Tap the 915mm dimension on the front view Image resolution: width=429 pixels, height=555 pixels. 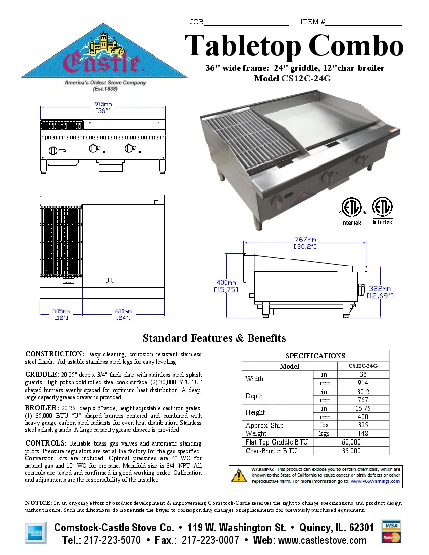pos(103,104)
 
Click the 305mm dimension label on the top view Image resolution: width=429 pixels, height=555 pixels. pos(61,311)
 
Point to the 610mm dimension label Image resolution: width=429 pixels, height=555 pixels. pos(123,311)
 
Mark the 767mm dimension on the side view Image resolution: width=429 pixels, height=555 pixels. pos(305,239)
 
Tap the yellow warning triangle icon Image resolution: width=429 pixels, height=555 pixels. pos(238,475)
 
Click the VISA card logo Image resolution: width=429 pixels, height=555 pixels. pos(391,525)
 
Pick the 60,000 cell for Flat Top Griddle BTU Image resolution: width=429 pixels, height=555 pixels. pos(351,442)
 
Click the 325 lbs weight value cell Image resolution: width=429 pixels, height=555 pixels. pos(362,425)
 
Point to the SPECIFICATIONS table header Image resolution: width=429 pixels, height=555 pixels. pos(315,356)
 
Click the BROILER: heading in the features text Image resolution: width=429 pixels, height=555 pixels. pos(42,407)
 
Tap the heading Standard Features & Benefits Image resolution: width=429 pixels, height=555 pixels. pos(214,338)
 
